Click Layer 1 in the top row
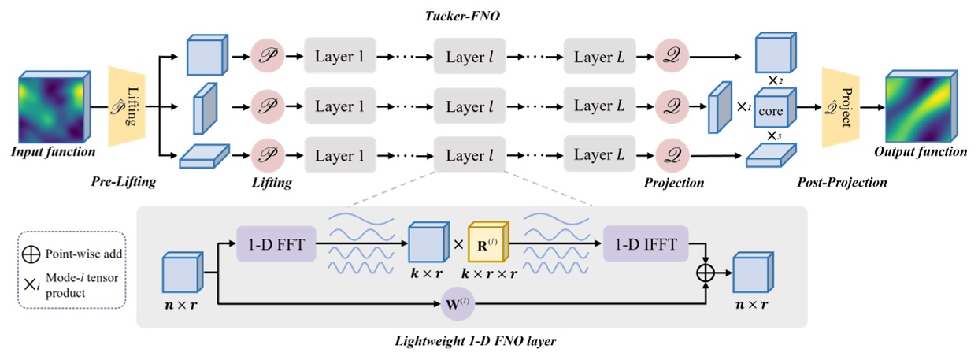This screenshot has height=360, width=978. click(340, 58)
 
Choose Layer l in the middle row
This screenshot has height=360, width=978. click(470, 106)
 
